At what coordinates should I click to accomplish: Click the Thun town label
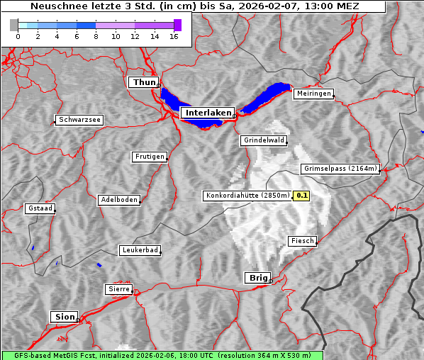pyautogui.click(x=143, y=83)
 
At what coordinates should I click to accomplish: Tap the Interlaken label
pyautogui.click(x=207, y=113)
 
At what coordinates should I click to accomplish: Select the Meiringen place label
pyautogui.click(x=313, y=94)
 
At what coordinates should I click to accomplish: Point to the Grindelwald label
pyautogui.click(x=264, y=140)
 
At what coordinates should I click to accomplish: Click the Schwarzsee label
pyautogui.click(x=79, y=120)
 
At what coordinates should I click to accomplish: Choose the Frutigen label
pyautogui.click(x=149, y=157)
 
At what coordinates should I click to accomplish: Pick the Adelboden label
pyautogui.click(x=118, y=200)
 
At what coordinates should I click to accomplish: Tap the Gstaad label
pyautogui.click(x=40, y=208)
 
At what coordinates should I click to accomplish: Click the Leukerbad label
pyautogui.click(x=140, y=250)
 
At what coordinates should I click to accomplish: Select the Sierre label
pyautogui.click(x=118, y=289)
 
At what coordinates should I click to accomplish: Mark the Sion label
pyautogui.click(x=63, y=316)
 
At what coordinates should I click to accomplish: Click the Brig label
pyautogui.click(x=257, y=278)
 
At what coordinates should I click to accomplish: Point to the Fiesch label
pyautogui.click(x=302, y=241)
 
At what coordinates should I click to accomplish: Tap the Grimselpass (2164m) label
pyautogui.click(x=340, y=169)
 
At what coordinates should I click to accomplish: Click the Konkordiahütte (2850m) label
pyautogui.click(x=247, y=196)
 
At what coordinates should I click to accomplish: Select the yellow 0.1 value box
pyautogui.click(x=301, y=196)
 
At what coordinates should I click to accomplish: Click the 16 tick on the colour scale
pyautogui.click(x=174, y=36)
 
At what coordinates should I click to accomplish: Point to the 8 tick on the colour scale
pyautogui.click(x=96, y=36)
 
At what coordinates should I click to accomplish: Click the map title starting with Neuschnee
pyautogui.click(x=194, y=6)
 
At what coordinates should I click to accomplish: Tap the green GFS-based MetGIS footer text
pyautogui.click(x=162, y=355)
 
